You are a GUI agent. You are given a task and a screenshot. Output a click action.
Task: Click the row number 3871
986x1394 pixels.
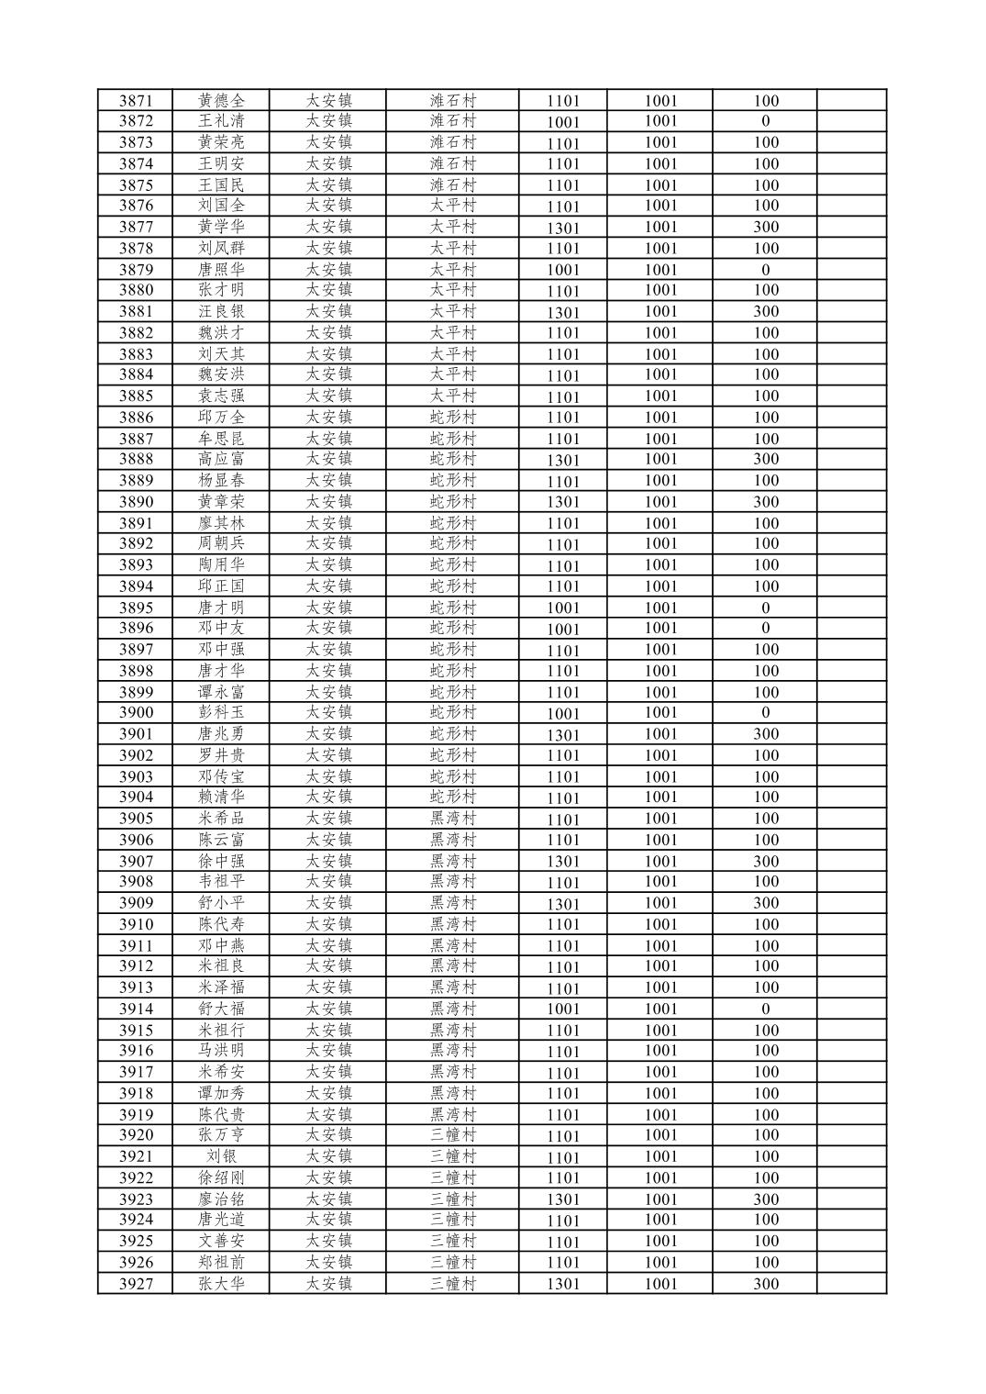click(x=135, y=100)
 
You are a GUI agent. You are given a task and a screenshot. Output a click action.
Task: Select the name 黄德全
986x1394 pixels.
click(x=221, y=100)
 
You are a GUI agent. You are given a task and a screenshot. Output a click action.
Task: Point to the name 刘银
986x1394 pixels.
click(x=221, y=1156)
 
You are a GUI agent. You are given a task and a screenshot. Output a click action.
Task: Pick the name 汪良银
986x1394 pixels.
click(x=221, y=311)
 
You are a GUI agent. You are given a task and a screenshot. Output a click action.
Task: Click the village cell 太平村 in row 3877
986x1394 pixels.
click(x=453, y=227)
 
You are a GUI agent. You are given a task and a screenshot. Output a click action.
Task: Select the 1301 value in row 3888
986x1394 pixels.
click(x=563, y=460)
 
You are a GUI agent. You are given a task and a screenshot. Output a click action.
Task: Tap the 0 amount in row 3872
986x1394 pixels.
click(x=765, y=121)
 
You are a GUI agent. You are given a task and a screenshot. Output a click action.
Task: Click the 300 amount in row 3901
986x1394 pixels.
click(x=765, y=734)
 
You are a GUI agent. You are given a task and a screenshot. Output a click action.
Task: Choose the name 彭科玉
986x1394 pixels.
click(x=221, y=713)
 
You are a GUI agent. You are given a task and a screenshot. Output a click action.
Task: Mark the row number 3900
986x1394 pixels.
click(x=135, y=713)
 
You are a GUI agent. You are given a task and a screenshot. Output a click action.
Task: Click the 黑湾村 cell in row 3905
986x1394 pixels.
click(x=453, y=819)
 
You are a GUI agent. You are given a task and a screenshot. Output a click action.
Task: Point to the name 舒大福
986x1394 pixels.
click(x=221, y=1009)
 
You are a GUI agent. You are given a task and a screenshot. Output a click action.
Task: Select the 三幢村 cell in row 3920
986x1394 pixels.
click(x=453, y=1135)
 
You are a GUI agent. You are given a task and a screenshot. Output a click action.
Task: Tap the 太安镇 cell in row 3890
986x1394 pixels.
click(x=328, y=502)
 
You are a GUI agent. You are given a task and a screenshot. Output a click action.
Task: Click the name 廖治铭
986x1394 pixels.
click(x=221, y=1199)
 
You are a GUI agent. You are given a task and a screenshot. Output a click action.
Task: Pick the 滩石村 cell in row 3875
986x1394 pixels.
click(x=453, y=184)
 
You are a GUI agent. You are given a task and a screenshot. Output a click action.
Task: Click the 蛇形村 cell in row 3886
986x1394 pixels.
click(x=453, y=418)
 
